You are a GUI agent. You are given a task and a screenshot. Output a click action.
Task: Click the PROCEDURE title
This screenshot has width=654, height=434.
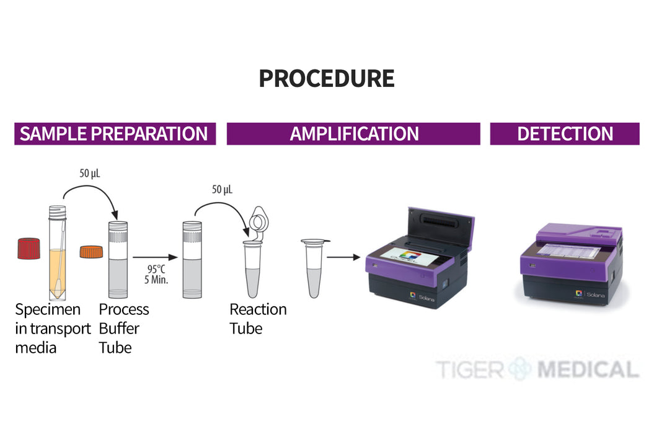pyautogui.click(x=327, y=79)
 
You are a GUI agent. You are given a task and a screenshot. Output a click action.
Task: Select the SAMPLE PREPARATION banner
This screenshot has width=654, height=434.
pyautogui.click(x=115, y=134)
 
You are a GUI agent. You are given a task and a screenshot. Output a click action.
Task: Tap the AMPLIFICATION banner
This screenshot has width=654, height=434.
pyautogui.click(x=353, y=134)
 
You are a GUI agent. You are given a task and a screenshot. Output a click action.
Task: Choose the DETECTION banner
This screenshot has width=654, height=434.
pyautogui.click(x=565, y=134)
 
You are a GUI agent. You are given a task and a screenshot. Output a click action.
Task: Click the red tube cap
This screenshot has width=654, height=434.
pyautogui.click(x=29, y=248)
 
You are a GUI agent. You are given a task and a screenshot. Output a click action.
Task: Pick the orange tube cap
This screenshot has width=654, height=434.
pyautogui.click(x=91, y=252)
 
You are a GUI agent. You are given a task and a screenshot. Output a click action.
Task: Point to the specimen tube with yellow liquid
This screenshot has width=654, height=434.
pyautogui.click(x=58, y=253)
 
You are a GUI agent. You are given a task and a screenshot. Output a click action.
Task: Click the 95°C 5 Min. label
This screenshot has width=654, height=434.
pyautogui.click(x=156, y=274)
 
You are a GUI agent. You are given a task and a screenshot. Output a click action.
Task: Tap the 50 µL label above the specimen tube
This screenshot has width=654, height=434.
pyautogui.click(x=90, y=173)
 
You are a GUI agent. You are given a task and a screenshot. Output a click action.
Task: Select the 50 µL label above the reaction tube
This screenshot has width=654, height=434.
pyautogui.click(x=222, y=190)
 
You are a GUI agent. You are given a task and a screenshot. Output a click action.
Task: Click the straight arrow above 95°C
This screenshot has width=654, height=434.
pyautogui.click(x=155, y=257)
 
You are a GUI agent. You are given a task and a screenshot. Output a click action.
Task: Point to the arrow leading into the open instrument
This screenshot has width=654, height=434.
pyautogui.click(x=343, y=257)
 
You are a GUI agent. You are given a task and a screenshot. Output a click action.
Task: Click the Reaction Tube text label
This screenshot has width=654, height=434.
pyautogui.click(x=258, y=319)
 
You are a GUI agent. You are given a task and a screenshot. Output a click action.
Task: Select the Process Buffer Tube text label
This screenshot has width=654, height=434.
pyautogui.click(x=124, y=329)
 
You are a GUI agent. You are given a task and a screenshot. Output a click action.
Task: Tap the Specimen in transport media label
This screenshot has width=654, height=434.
pyautogui.click(x=53, y=329)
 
